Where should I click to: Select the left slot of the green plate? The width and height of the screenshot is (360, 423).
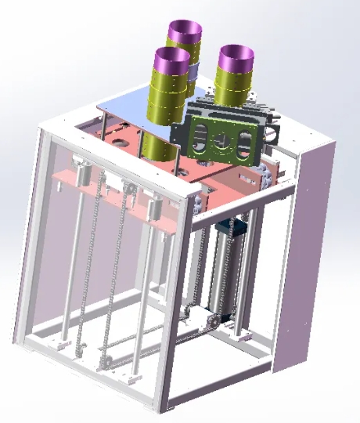pyautogui.click(x=200, y=138)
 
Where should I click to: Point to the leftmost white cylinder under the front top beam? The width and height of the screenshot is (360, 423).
pyautogui.click(x=81, y=168)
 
